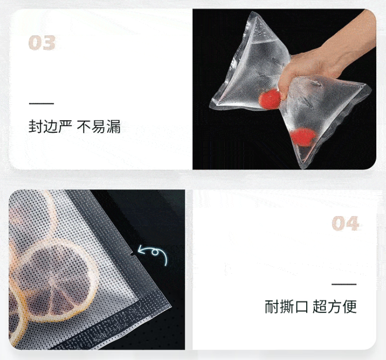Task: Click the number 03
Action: click(x=42, y=43)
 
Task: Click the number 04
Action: click(x=345, y=223)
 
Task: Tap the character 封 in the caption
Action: click(x=36, y=127)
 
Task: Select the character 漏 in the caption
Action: click(x=114, y=127)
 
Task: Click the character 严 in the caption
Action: click(x=65, y=127)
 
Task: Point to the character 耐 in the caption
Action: click(x=272, y=307)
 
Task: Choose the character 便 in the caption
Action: click(x=349, y=307)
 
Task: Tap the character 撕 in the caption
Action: click(x=286, y=307)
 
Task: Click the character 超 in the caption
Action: click(x=320, y=307)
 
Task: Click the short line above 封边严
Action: click(x=41, y=103)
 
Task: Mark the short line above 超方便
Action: click(x=344, y=284)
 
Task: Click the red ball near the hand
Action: click(x=269, y=99)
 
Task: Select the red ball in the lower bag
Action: click(x=303, y=137)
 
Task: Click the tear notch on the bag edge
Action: click(x=132, y=254)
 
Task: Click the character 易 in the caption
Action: click(x=99, y=127)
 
